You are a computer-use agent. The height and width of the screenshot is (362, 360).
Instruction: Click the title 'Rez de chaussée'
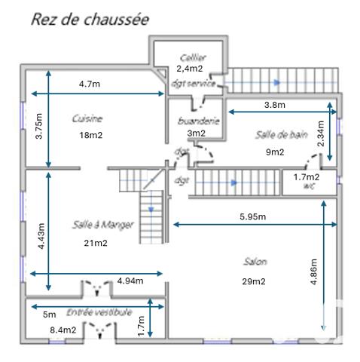click(89, 18)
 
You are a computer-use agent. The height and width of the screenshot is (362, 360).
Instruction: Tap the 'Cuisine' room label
click(87, 118)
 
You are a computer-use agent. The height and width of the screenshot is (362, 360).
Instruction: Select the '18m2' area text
click(90, 136)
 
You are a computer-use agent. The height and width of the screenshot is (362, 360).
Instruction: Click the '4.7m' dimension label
click(89, 84)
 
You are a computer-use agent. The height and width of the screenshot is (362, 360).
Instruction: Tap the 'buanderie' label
click(198, 121)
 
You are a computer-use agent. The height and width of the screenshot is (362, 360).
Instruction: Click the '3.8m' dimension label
click(275, 104)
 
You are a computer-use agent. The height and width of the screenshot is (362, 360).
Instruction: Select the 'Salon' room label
click(255, 262)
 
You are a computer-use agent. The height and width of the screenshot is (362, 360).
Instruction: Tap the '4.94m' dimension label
click(130, 281)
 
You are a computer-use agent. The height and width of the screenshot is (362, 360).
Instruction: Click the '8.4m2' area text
click(63, 330)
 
